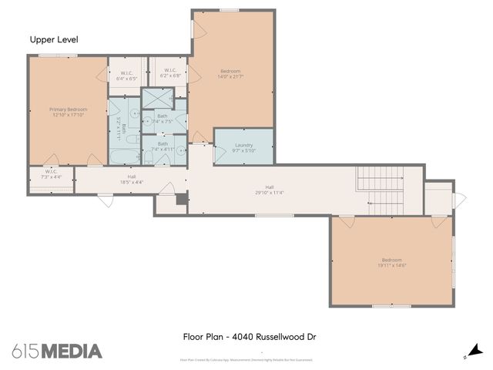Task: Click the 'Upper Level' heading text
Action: tap(54, 39)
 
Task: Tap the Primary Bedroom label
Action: tap(69, 109)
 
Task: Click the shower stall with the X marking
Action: tap(159, 99)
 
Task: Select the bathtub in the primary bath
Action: tap(123, 157)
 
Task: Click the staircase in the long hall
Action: tap(381, 190)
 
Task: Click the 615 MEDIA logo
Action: tap(57, 351)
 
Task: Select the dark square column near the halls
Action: tap(182, 199)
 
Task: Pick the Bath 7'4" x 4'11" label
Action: tap(163, 146)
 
